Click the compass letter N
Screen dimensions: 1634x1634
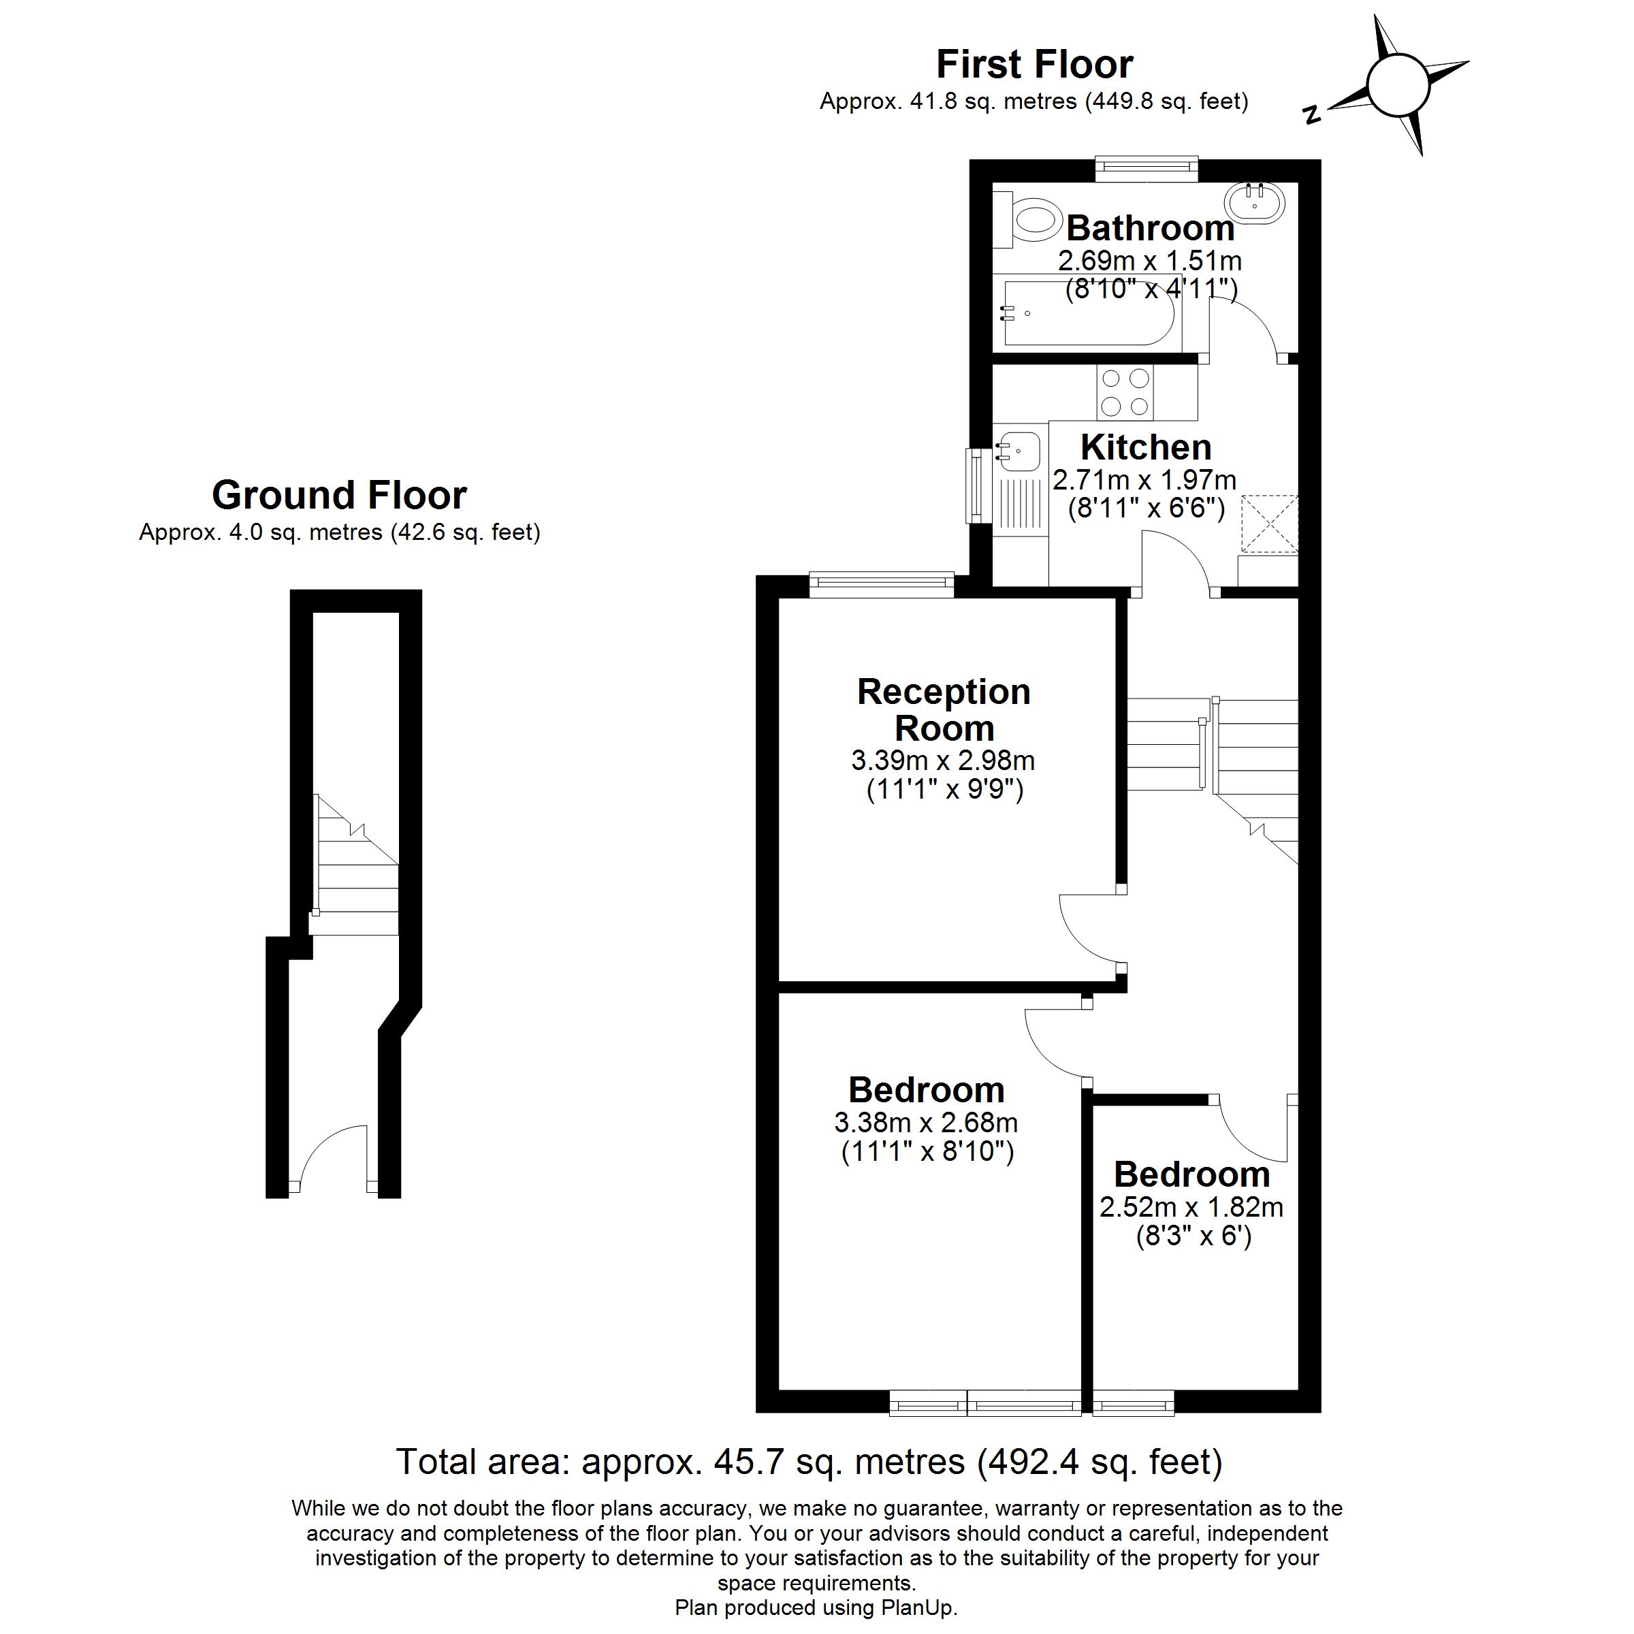1312,114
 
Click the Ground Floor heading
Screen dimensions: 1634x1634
339,496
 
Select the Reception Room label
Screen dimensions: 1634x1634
944,710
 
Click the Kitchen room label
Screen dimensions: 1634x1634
1146,447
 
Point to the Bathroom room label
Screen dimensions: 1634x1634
1150,228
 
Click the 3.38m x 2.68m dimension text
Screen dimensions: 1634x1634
926,1123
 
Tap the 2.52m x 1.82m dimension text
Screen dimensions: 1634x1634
1191,1207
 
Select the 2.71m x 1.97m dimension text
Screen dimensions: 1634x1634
1144,481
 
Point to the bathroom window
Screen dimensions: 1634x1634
1147,168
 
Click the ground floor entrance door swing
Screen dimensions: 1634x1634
330,1159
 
